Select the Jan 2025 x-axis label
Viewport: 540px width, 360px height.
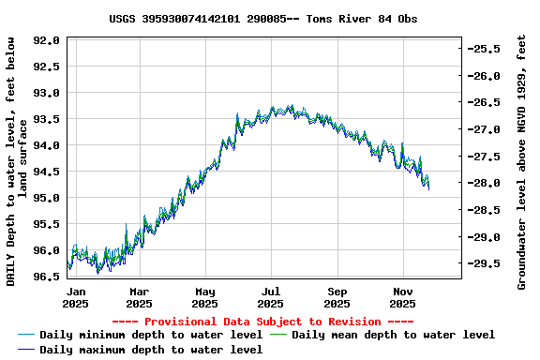pyautogui.click(x=76, y=297)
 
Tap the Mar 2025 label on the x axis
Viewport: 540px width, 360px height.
pyautogui.click(x=139, y=297)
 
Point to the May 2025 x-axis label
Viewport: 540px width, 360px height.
pyautogui.click(x=205, y=297)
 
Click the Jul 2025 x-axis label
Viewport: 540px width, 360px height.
pyautogui.click(x=271, y=297)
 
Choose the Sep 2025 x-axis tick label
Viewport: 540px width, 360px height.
pyautogui.click(x=337, y=297)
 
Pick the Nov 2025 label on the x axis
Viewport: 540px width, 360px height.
pyautogui.click(x=403, y=297)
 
